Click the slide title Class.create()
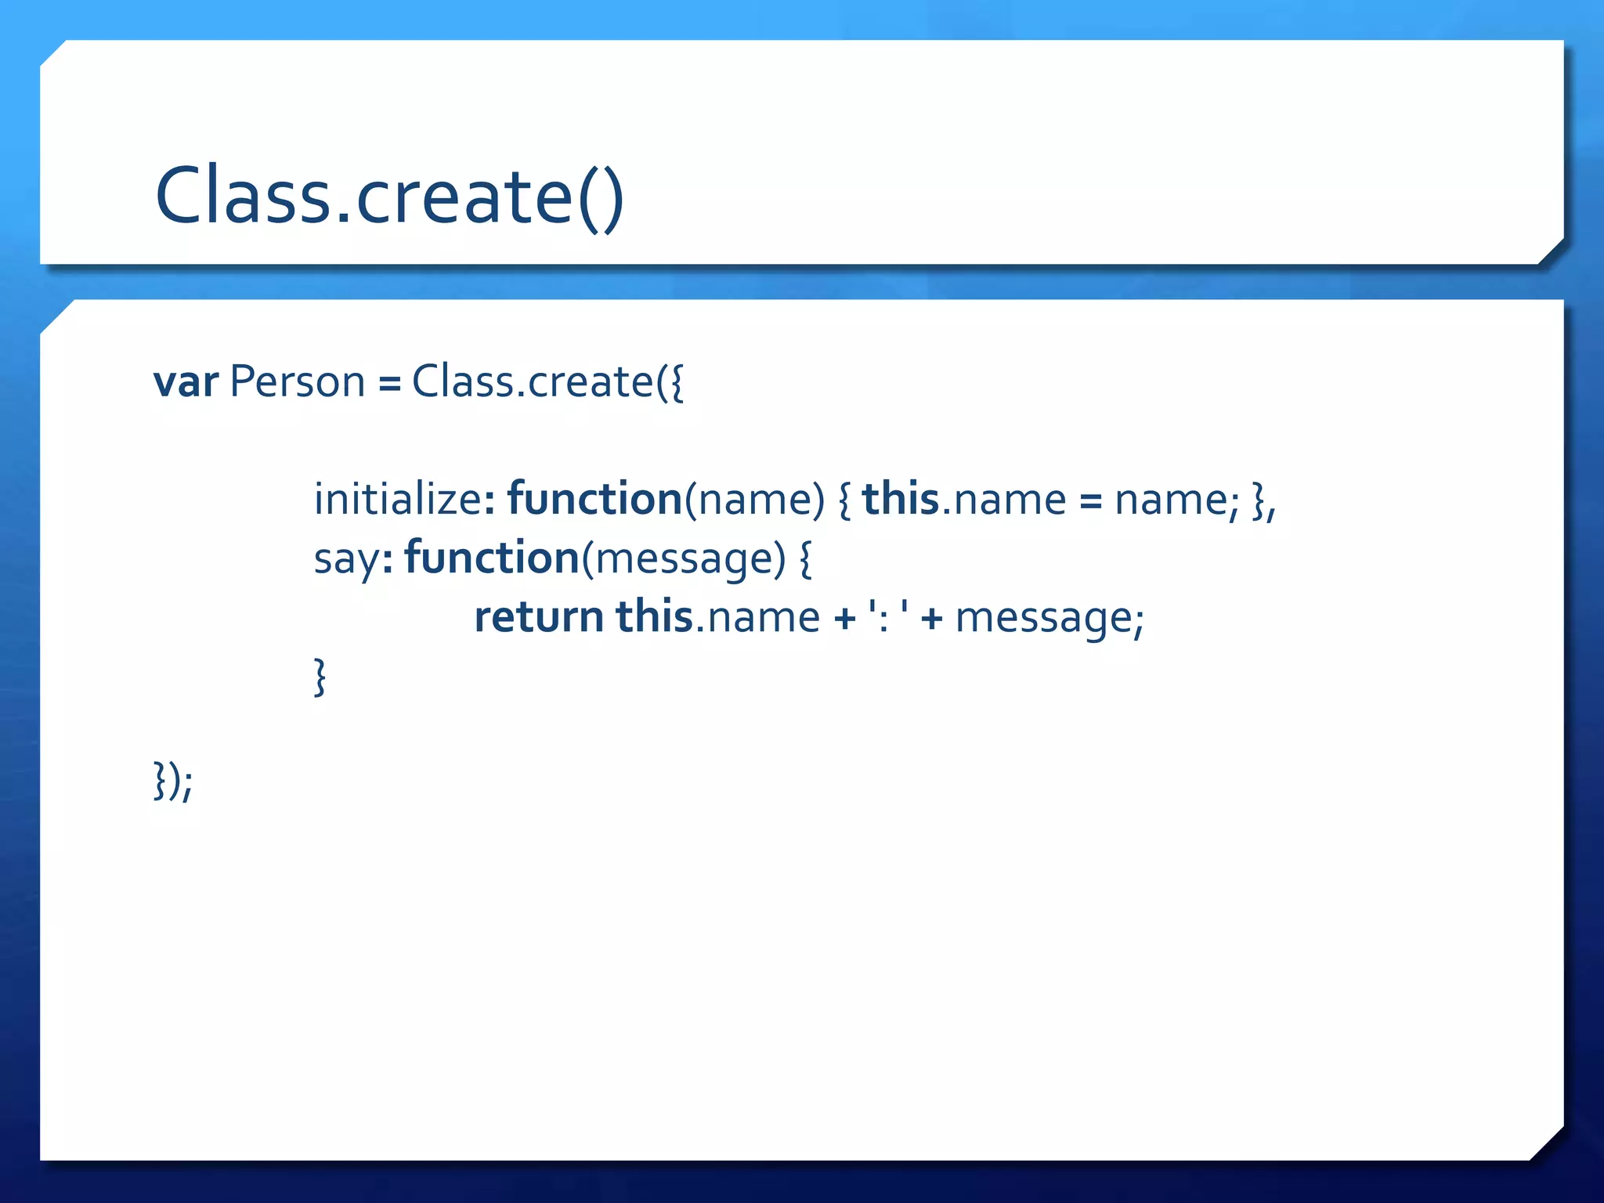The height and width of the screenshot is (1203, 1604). tap(389, 196)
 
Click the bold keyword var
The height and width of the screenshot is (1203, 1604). tap(185, 382)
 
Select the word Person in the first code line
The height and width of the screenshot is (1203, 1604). tap(298, 382)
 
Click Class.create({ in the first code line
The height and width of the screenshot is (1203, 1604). tap(547, 382)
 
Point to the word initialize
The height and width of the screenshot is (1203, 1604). tap(398, 500)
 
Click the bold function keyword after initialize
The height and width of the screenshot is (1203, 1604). tap(594, 500)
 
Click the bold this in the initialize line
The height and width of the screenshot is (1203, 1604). tap(901, 500)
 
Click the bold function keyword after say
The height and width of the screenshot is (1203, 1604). tap(492, 558)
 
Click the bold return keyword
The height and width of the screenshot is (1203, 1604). tap(539, 617)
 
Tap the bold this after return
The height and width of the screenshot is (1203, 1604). tap(655, 617)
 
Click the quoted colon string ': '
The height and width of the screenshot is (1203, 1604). tap(889, 617)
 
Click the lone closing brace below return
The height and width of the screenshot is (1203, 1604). tap(320, 677)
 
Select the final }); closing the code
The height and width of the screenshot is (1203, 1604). tap(173, 781)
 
